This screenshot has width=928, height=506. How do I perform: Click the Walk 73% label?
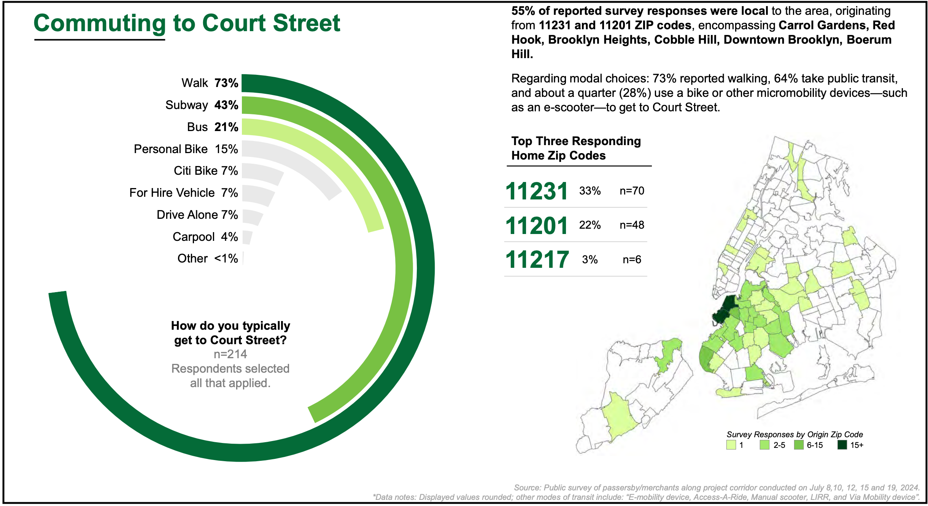210,83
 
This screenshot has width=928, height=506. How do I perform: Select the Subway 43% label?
202,105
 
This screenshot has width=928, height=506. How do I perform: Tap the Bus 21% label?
212,127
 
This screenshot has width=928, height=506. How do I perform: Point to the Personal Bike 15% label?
186,149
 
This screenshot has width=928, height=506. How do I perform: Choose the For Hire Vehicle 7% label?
183,193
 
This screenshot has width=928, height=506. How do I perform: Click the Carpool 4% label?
205,237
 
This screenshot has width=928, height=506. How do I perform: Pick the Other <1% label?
207,258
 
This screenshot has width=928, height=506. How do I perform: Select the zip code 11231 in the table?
536,191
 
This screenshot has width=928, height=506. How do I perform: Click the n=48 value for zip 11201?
632,225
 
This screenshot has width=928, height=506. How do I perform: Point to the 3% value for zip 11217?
590,259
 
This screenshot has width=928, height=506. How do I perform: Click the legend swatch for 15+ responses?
842,445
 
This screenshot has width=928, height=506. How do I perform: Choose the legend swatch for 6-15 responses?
799,445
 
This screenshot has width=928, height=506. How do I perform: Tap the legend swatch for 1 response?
731,445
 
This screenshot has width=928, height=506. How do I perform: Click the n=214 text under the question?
230,354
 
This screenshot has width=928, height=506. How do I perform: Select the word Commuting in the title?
100,23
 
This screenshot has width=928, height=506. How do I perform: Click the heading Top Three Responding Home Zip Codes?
575,148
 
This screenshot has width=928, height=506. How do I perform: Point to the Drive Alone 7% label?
197,215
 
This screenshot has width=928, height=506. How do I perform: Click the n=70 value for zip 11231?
632,191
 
